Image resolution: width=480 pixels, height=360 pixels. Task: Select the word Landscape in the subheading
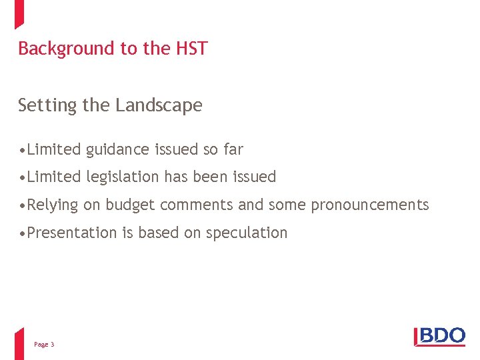point(159,105)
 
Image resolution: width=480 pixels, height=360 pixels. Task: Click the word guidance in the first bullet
point(117,150)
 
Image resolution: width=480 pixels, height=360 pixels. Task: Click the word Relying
point(53,205)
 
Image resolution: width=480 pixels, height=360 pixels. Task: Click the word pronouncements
point(370,205)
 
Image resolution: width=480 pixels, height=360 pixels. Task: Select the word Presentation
point(72,233)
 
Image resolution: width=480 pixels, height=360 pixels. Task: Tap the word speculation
point(247,233)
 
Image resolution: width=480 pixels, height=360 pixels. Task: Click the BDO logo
point(440,336)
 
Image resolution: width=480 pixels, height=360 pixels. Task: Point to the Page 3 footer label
point(44,345)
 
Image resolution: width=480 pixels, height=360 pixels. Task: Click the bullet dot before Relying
point(23,205)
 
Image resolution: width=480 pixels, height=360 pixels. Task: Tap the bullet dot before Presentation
point(23,233)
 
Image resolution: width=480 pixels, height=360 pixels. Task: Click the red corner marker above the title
point(19,13)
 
